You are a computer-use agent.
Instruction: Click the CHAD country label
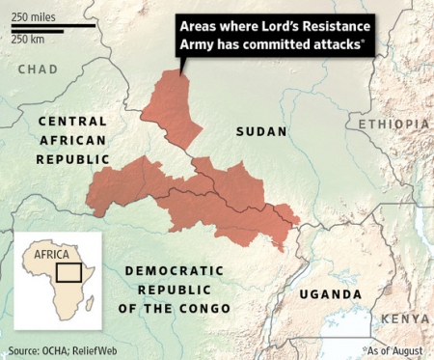tap(38, 69)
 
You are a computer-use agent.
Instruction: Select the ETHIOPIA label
tap(393, 125)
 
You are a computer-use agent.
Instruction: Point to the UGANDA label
tap(330, 293)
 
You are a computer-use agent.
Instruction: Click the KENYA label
tap(405, 318)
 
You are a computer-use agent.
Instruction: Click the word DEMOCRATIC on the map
tap(174, 271)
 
